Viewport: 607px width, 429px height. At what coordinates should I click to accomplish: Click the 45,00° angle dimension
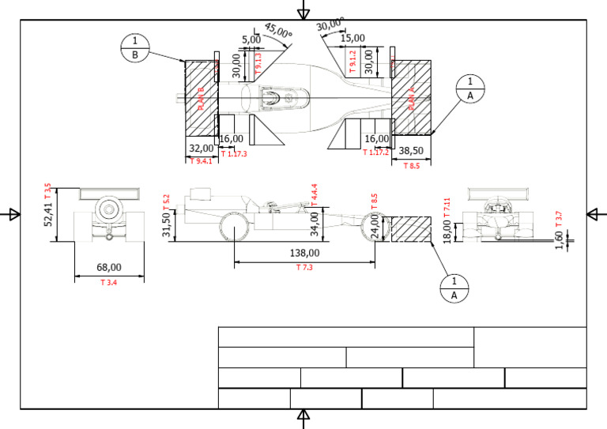point(278,31)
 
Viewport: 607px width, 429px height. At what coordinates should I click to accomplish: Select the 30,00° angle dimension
point(330,25)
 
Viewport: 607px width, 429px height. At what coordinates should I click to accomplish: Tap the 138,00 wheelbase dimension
point(305,254)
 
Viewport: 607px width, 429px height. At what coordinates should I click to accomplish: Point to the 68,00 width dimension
point(109,268)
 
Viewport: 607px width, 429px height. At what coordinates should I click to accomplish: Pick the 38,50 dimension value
point(412,149)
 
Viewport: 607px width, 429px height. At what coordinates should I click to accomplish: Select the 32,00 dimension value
point(200,148)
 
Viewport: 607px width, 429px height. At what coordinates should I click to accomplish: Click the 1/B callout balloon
point(135,47)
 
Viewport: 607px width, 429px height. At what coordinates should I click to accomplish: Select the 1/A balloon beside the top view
point(470,88)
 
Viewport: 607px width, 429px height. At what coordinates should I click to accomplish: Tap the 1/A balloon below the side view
point(454,288)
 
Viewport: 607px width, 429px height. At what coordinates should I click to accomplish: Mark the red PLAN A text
point(410,100)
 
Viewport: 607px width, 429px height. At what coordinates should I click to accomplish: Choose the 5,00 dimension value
point(250,39)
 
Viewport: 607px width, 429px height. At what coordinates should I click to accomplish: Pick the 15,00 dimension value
point(353,37)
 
